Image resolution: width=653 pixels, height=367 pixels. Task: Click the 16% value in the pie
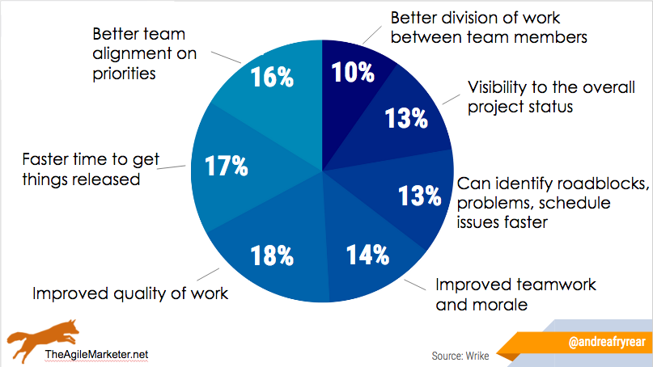tap(273, 78)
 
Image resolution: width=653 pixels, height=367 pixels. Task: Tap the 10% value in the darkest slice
tap(353, 72)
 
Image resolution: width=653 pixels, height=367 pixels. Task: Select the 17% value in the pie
tap(227, 167)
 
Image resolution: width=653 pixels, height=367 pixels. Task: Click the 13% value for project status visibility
tap(406, 119)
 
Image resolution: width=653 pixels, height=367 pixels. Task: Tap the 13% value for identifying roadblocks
tap(419, 196)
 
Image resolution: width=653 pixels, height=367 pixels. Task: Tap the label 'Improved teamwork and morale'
tap(515, 294)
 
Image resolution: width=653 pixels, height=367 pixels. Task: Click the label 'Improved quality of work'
tap(130, 293)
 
